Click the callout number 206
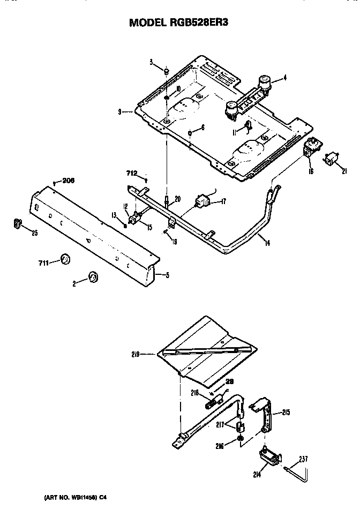click(67, 181)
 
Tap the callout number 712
click(132, 173)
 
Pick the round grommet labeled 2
click(93, 277)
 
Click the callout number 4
click(285, 78)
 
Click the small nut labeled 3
click(167, 71)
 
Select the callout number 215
click(286, 413)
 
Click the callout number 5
click(168, 276)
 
